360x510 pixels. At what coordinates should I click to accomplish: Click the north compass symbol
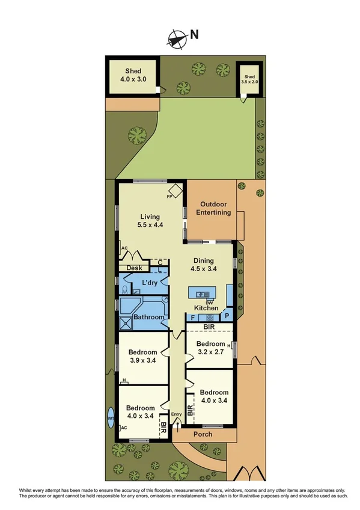pyautogui.click(x=176, y=38)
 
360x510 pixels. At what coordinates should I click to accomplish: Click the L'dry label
pyautogui.click(x=149, y=283)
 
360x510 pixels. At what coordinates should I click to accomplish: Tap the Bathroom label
pyautogui.click(x=148, y=317)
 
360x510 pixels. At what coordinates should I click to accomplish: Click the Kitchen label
pyautogui.click(x=206, y=308)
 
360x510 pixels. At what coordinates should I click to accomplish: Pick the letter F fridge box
pyautogui.click(x=192, y=317)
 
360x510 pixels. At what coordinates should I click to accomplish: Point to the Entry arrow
pyautogui.click(x=177, y=423)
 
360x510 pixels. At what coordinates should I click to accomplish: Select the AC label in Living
pyautogui.click(x=124, y=248)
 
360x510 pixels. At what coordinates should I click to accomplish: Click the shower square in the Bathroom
pyautogui.click(x=126, y=324)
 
